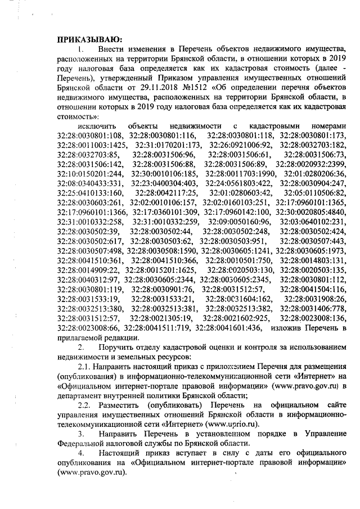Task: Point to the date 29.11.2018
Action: click(x=152, y=88)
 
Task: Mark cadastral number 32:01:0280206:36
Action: click(x=315, y=173)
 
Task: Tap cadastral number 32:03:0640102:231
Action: click(x=315, y=222)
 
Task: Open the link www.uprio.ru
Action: click(x=232, y=424)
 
